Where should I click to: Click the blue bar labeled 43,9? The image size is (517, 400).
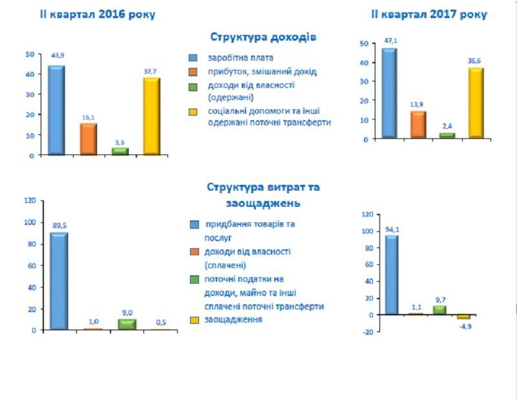[x=56, y=110]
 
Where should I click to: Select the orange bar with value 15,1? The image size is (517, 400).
[x=88, y=138]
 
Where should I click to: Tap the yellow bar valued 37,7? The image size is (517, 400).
[x=151, y=116]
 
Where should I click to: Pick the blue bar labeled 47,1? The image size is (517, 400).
[x=389, y=93]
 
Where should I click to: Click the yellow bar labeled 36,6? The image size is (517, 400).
[x=476, y=103]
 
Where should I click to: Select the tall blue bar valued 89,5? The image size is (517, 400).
[x=58, y=280]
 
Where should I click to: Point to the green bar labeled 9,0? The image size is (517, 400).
[x=127, y=324]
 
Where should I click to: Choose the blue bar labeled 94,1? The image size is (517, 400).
[x=391, y=275]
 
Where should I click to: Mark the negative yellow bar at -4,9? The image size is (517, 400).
[x=463, y=317]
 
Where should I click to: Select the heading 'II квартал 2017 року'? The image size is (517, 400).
[x=429, y=14]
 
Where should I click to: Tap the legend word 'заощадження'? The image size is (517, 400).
[x=233, y=319]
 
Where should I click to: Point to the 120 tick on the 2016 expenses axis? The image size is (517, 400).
[x=30, y=200]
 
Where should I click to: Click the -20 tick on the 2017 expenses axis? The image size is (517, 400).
[x=367, y=332]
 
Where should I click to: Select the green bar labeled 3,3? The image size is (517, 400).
[x=120, y=151]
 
